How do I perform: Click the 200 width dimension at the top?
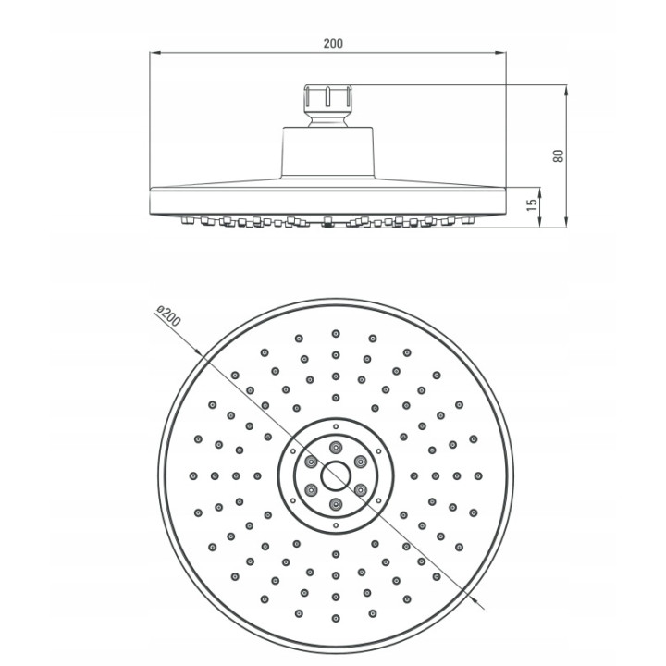click(333, 43)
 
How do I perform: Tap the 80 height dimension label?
click(558, 155)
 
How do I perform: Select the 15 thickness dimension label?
click(531, 205)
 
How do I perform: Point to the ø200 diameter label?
click(168, 315)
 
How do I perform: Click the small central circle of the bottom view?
click(336, 475)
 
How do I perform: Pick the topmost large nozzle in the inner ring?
click(336, 447)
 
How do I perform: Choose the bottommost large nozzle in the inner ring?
click(336, 505)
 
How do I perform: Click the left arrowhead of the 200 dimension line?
click(154, 53)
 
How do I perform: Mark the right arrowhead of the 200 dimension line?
click(500, 53)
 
